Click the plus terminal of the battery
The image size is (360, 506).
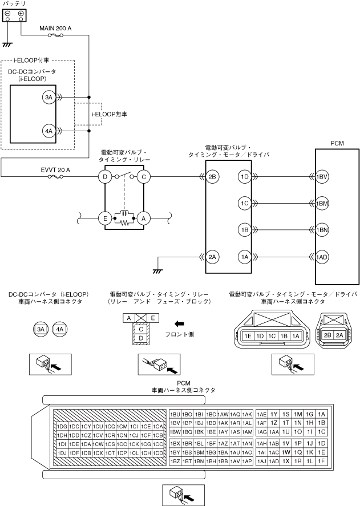21,14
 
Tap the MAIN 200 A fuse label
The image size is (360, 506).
55,29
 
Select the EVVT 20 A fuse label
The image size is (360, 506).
55,170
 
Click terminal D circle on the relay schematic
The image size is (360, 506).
105,176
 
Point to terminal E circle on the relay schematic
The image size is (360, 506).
105,218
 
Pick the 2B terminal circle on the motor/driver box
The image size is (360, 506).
212,176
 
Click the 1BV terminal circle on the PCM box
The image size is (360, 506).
322,176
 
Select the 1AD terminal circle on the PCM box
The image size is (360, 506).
322,257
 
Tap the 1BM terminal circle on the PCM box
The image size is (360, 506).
322,203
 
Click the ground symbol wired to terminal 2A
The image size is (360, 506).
157,271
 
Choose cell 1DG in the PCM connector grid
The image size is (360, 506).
62,427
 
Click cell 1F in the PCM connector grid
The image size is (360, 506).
321,462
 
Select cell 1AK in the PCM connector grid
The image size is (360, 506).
247,414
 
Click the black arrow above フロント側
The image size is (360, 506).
179,323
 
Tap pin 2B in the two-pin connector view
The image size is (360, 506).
327,335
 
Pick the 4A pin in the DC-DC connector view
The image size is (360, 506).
60,329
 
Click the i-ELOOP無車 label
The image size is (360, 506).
109,114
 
